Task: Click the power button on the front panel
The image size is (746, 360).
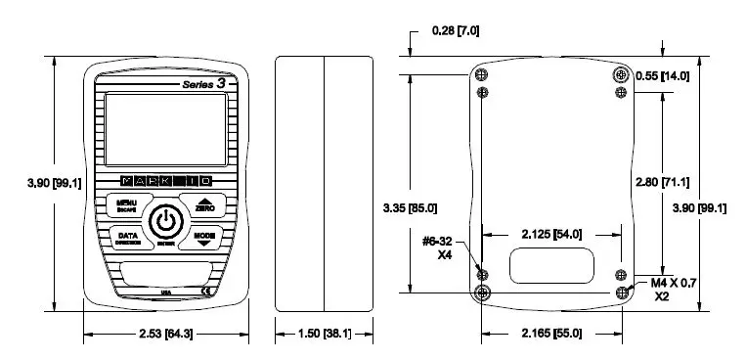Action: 165,222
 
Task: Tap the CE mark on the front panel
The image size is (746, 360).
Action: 206,291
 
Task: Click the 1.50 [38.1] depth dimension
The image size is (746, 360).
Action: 324,335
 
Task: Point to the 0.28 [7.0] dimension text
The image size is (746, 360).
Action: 455,31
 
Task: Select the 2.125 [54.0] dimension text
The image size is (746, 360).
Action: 548,234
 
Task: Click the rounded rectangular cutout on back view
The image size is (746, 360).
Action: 551,265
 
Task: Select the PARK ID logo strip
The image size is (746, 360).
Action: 164,181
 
